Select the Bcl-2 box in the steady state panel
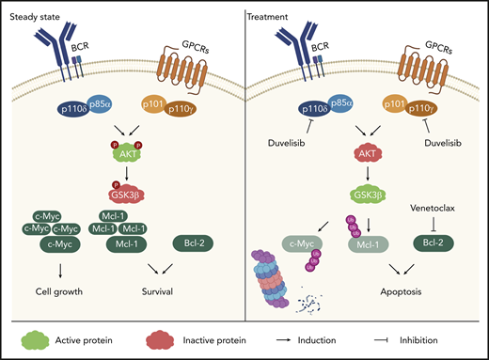coord(197,244)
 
